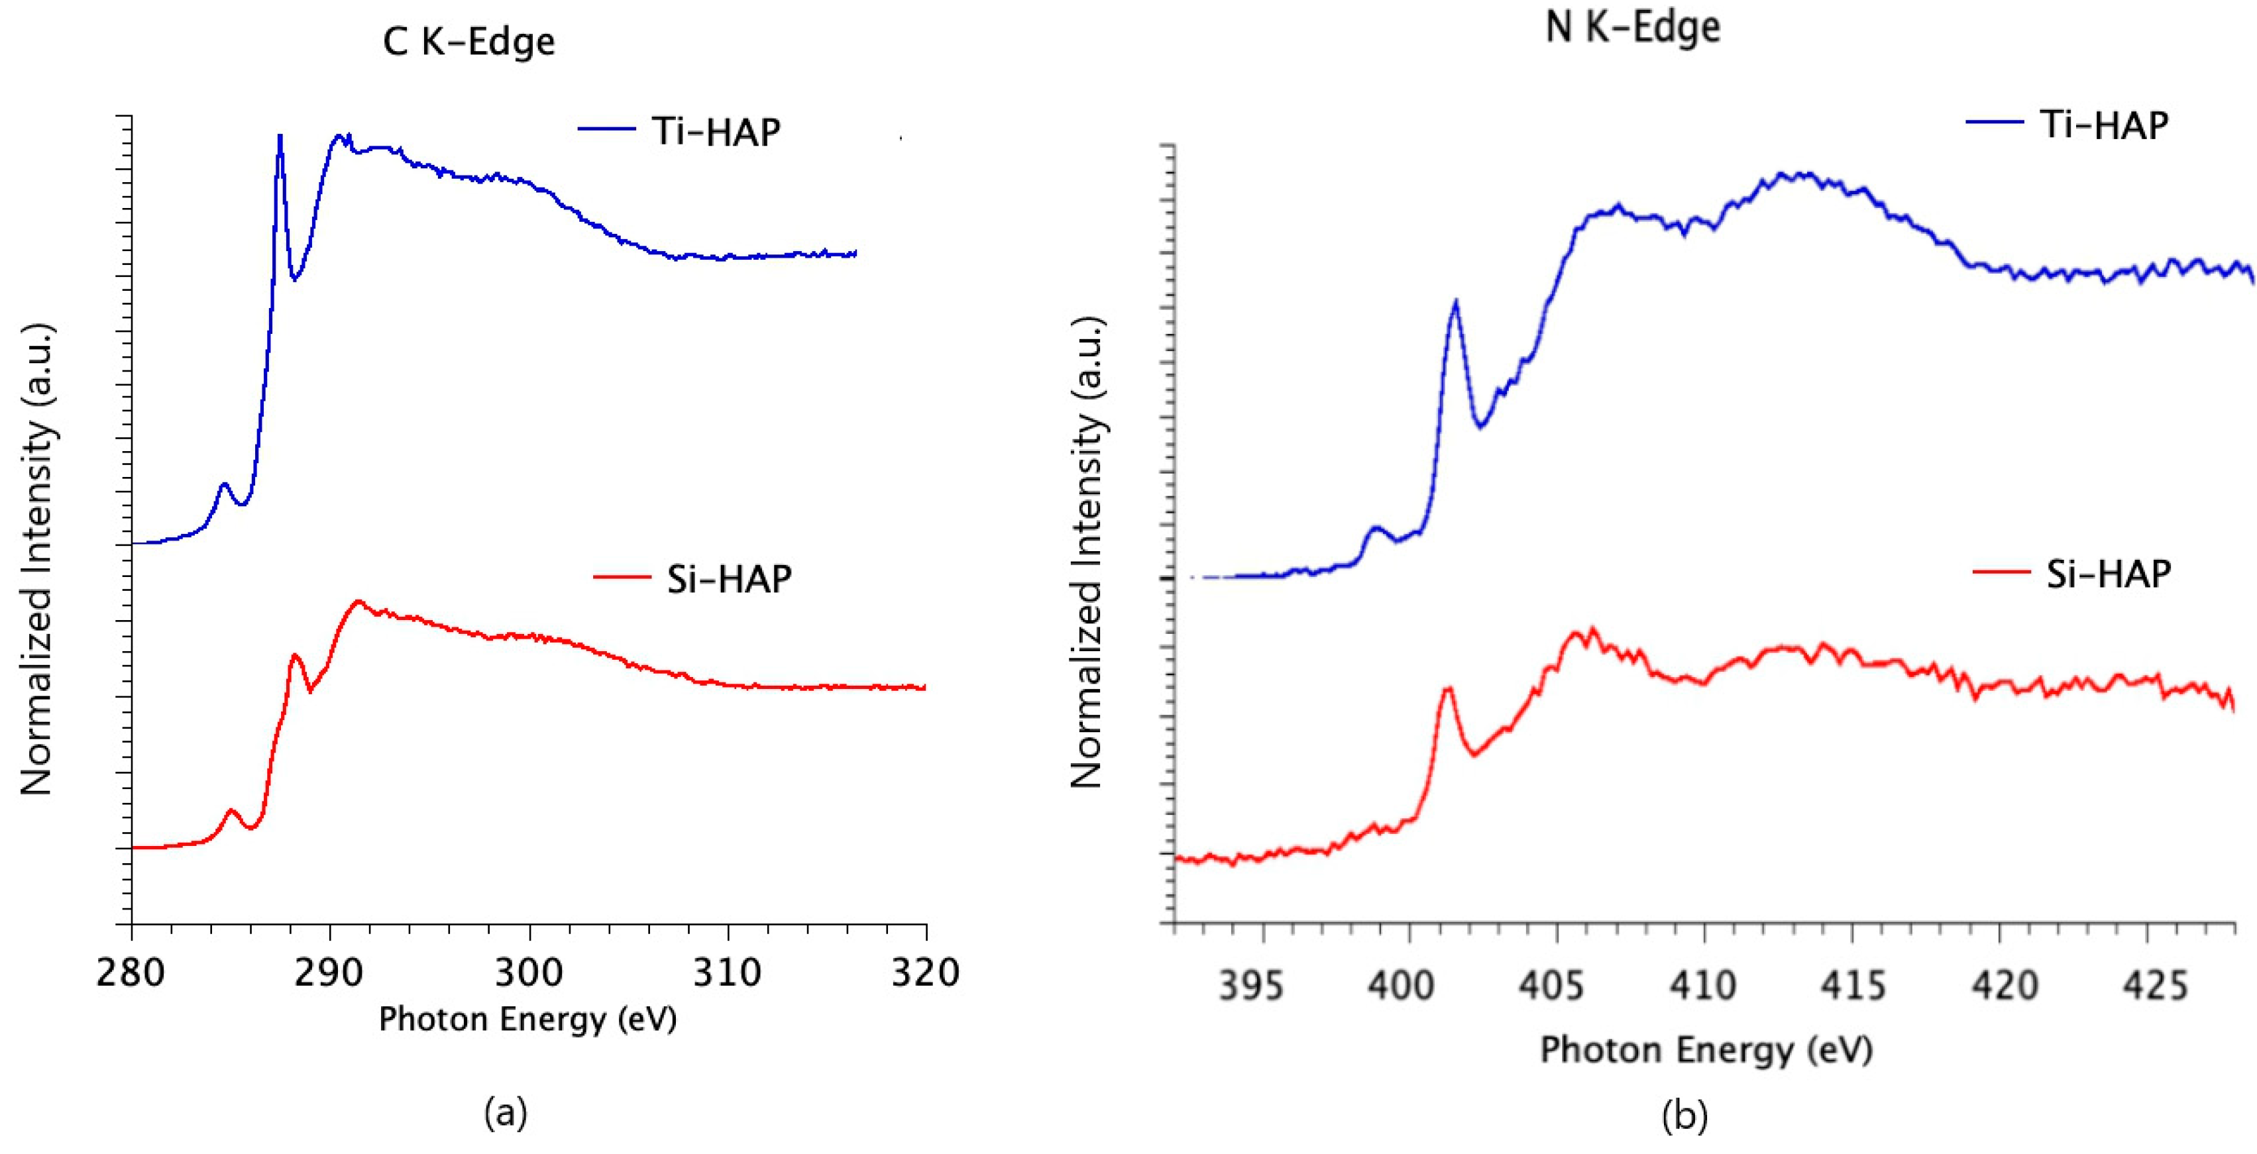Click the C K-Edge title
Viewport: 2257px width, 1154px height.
[468, 42]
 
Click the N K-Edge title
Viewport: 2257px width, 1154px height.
[1632, 26]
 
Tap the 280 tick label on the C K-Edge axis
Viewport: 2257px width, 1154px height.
[131, 972]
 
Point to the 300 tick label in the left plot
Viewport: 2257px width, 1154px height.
[528, 972]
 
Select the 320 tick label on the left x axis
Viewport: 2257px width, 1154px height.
[925, 972]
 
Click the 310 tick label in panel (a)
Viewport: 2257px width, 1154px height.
[727, 972]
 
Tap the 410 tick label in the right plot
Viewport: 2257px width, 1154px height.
[1702, 986]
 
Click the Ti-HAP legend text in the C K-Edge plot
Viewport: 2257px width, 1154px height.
[716, 131]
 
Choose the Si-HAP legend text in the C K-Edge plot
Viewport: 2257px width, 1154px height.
[729, 578]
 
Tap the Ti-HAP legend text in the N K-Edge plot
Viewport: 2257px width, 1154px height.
[2105, 125]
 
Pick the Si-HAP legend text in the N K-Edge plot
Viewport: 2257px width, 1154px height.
[2108, 574]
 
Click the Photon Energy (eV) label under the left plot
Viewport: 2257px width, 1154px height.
[527, 1019]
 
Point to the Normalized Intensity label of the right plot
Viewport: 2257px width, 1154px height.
[1087, 552]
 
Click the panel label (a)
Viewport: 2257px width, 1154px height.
[506, 1113]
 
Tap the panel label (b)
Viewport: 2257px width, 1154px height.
[1684, 1117]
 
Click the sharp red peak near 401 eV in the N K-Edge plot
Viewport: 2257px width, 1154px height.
[1447, 690]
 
